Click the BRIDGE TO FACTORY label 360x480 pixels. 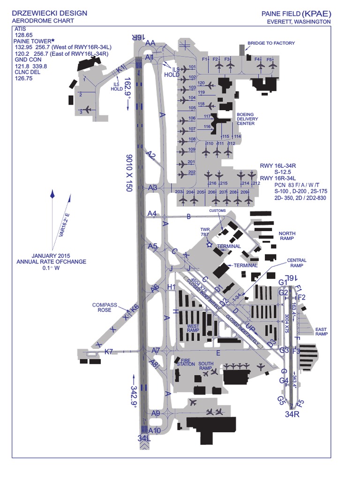point(271,43)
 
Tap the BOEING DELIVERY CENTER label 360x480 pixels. point(247,119)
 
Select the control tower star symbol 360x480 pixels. point(210,244)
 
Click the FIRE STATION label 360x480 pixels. point(185,362)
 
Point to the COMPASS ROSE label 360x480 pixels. point(104,307)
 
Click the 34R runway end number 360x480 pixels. point(292,414)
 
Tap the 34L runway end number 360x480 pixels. point(144,438)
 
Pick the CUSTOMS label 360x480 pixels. point(217,211)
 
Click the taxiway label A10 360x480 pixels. point(155,430)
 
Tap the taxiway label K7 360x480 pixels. point(109,352)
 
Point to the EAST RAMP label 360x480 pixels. point(321,331)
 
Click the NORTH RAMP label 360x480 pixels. point(287,236)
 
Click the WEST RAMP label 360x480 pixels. point(193,328)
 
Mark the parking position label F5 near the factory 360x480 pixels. point(269,60)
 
